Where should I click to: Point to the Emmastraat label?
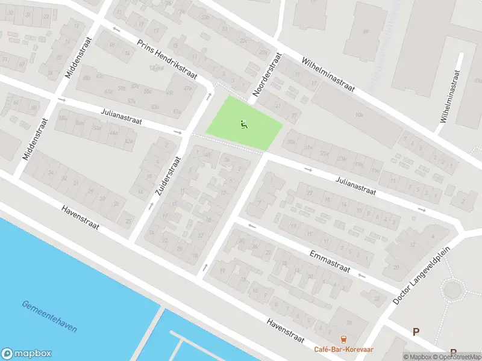pyautogui.click(x=330, y=261)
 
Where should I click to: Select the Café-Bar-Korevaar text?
pyautogui.click(x=343, y=349)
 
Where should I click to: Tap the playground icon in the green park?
pyautogui.click(x=244, y=125)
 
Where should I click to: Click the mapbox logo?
pyautogui.click(x=27, y=354)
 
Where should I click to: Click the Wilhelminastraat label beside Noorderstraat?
pyautogui.click(x=328, y=75)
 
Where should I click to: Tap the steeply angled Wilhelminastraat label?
pyautogui.click(x=449, y=96)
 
